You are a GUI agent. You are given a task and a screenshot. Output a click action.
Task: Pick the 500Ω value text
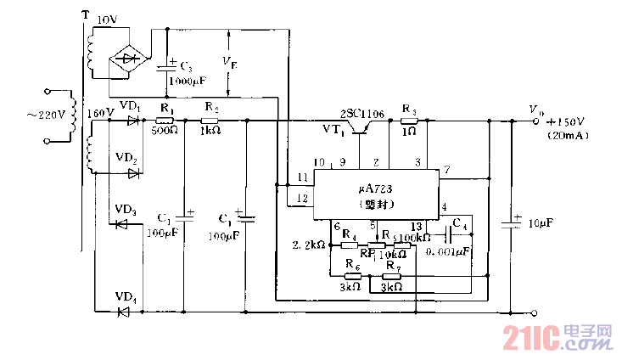pyautogui.click(x=165, y=132)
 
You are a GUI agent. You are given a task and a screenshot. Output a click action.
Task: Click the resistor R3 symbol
pyautogui.click(x=410, y=122)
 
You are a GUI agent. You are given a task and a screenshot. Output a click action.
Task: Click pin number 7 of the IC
pyautogui.click(x=447, y=170)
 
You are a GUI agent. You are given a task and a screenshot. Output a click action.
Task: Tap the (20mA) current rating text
pyautogui.click(x=565, y=135)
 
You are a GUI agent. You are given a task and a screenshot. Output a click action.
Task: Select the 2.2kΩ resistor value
pyautogui.click(x=308, y=245)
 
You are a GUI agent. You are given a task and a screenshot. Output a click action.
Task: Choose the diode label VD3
pyautogui.click(x=126, y=211)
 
